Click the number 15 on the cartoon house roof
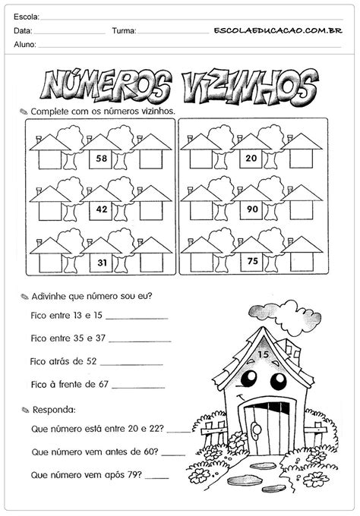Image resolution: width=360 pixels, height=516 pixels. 264,354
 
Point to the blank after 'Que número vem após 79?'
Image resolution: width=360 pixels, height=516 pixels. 157,478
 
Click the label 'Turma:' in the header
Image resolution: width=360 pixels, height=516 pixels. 124,31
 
